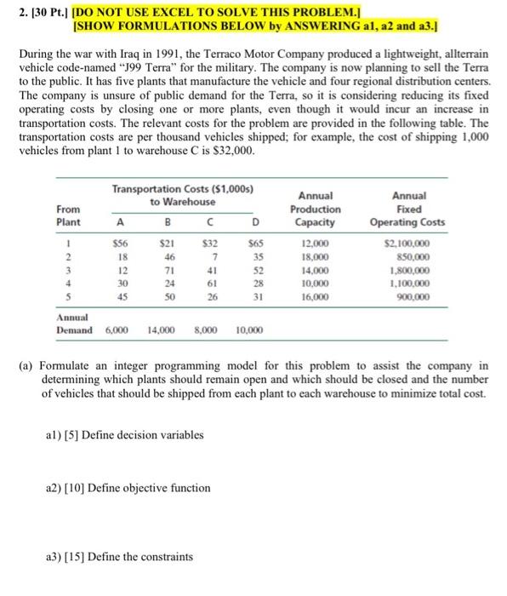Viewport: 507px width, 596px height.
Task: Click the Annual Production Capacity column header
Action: [315, 209]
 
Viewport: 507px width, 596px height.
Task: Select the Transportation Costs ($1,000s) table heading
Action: [185, 188]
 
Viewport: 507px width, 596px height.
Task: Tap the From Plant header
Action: [69, 215]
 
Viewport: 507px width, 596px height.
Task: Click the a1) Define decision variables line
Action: [124, 435]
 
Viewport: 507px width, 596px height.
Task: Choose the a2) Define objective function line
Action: [128, 488]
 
